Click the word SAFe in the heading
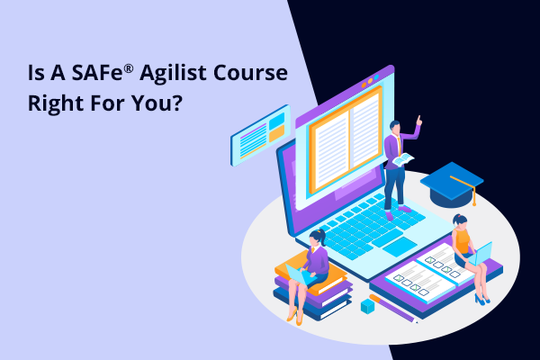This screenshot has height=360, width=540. (97, 73)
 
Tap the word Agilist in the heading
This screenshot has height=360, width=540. (173, 74)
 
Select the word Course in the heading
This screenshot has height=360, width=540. (250, 73)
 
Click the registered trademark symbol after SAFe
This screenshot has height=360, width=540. (129, 69)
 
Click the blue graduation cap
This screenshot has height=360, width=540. (452, 185)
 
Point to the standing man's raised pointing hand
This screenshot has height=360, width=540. (418, 121)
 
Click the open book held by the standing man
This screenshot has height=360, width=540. (403, 159)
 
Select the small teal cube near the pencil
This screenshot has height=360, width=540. (367, 306)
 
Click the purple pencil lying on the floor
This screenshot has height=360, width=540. (393, 309)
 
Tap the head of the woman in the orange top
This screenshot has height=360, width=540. (460, 221)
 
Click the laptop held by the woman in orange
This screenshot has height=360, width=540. (480, 254)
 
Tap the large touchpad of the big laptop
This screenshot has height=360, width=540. (400, 247)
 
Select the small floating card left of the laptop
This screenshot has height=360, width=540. (260, 135)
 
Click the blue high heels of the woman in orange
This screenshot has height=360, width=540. (481, 299)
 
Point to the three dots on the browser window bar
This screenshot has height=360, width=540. (370, 81)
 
